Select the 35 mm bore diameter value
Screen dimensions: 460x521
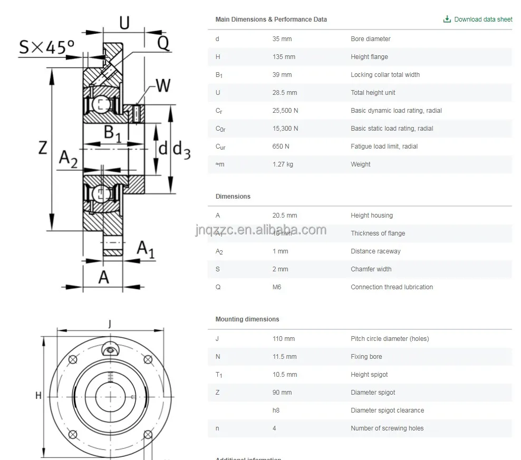click(282, 39)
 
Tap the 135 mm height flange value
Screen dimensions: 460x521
click(284, 57)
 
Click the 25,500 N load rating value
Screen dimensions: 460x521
click(285, 111)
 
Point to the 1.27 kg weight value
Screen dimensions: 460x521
click(283, 164)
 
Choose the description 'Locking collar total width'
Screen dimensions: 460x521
click(385, 75)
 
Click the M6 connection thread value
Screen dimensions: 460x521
click(277, 287)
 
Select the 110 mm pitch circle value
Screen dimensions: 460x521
click(284, 339)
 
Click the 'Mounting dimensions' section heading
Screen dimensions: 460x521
click(247, 319)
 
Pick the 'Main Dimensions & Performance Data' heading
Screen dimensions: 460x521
click(271, 19)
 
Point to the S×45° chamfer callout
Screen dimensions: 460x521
click(46, 47)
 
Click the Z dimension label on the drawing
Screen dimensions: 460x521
click(43, 148)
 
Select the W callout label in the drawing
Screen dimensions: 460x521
click(163, 85)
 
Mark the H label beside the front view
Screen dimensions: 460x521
click(38, 395)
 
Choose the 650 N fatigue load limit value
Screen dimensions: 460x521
click(281, 146)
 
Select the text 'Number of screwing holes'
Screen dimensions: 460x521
click(387, 428)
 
